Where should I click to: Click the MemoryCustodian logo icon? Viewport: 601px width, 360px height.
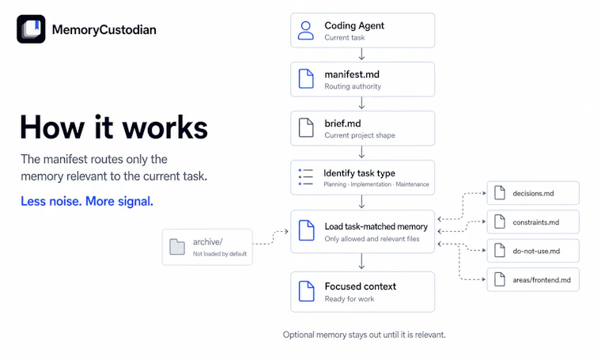[31, 29]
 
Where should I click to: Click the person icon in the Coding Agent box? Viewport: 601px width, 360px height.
[306, 31]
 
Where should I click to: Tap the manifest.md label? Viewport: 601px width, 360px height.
[352, 74]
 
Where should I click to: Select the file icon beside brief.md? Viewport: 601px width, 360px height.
[306, 127]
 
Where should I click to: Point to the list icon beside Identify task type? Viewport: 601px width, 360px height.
[306, 177]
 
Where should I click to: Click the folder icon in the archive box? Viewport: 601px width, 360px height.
[177, 247]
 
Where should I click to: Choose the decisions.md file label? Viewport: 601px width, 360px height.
[533, 194]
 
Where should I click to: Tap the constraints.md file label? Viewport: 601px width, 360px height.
[536, 222]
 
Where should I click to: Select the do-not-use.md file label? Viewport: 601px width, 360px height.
[536, 251]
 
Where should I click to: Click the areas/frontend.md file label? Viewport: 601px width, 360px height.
[542, 280]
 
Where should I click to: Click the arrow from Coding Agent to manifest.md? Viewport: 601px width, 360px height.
[361, 54]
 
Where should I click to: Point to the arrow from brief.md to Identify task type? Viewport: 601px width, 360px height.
[361, 152]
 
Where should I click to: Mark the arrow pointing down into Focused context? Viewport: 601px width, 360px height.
[361, 261]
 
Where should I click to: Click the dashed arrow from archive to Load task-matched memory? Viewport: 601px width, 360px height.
[272, 237]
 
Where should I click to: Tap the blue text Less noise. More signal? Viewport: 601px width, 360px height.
[87, 201]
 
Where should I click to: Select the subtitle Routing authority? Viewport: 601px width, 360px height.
[353, 86]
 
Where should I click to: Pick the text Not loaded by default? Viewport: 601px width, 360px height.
[220, 254]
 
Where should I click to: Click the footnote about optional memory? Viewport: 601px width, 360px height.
[364, 335]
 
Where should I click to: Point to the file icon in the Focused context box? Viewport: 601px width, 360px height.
[306, 291]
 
